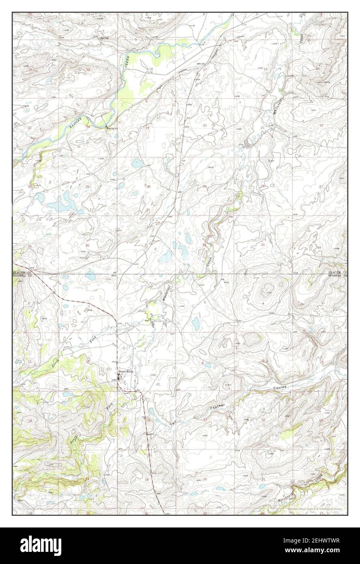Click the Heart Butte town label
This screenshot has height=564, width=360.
(125, 371)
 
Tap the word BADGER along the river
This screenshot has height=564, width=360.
(75, 123)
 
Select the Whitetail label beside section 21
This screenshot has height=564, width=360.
(280, 109)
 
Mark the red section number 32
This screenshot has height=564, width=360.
(204, 245)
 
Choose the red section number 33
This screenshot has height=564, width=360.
(263, 245)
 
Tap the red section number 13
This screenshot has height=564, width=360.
(88, 420)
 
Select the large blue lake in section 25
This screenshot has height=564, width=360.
(64, 202)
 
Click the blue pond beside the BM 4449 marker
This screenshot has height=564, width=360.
(90, 276)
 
